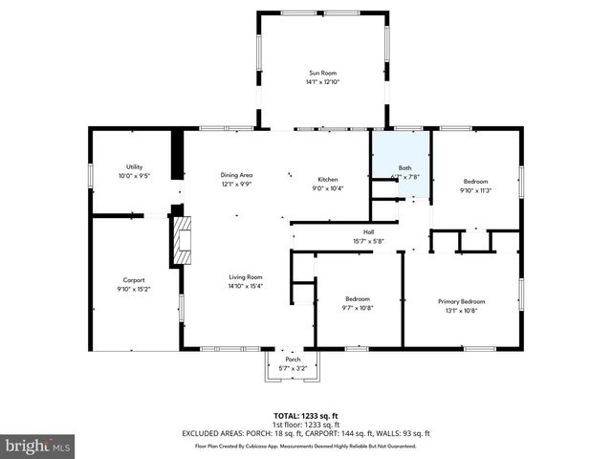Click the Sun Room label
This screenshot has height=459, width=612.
point(322,73)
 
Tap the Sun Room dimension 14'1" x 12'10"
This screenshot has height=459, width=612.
point(322,82)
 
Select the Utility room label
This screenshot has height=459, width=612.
point(134,166)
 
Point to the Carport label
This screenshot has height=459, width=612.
point(134,279)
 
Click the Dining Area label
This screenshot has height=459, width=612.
point(236,174)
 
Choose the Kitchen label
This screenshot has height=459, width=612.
point(328,179)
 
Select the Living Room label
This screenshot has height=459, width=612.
point(246,276)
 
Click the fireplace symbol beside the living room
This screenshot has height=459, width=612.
point(181,240)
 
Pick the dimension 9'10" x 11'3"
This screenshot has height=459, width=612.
point(475,190)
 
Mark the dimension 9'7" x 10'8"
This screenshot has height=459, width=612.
point(359,308)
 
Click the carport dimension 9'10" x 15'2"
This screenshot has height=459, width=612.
point(134,289)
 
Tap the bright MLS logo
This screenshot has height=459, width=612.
point(37,446)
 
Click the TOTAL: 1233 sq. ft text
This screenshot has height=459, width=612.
point(306,415)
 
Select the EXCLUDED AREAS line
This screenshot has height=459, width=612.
point(306,433)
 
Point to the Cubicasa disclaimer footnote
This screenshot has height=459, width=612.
point(306,446)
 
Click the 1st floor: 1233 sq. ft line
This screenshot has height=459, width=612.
point(306,424)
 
